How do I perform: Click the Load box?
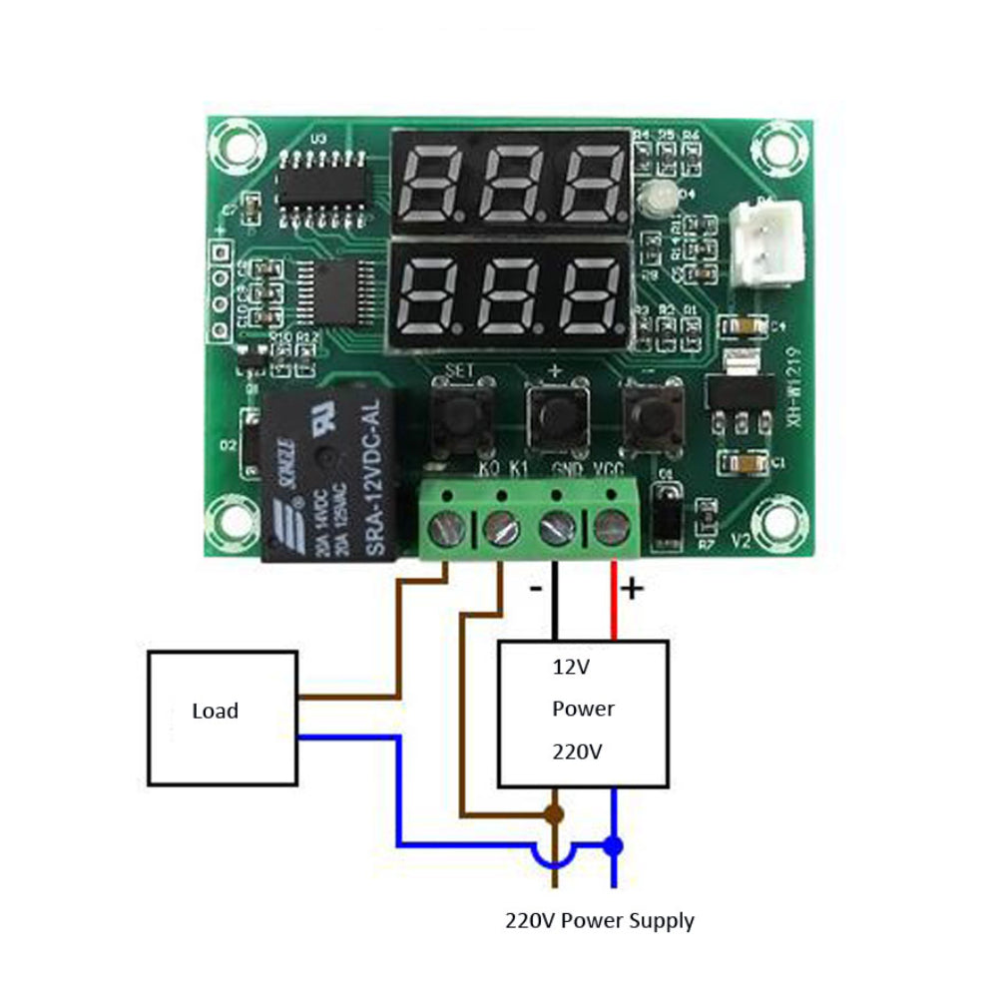222,717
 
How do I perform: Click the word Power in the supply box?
583,709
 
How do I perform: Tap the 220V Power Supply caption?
599,920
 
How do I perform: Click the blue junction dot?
613,845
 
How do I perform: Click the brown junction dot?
556,814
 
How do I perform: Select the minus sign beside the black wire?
536,589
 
